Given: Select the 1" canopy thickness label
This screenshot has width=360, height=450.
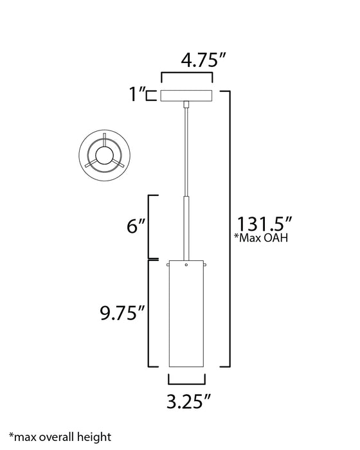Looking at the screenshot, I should pyautogui.click(x=136, y=95).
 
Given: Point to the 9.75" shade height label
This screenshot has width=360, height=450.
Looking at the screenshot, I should pyautogui.click(x=122, y=314).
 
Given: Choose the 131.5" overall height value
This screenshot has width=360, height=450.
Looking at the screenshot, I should pyautogui.click(x=265, y=226).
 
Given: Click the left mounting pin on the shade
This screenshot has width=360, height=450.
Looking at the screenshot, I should pyautogui.click(x=167, y=264).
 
